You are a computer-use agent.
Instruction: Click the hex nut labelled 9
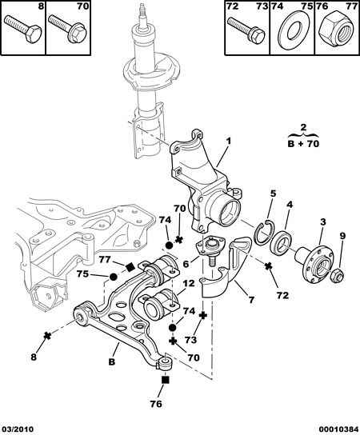pyautogui.click(x=338, y=274)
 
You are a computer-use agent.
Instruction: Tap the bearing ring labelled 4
pyautogui.click(x=281, y=241)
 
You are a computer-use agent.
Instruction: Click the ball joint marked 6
pyautogui.click(x=209, y=247)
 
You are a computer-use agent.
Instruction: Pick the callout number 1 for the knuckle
pyautogui.click(x=228, y=142)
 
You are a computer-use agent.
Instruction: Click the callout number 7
pyautogui.click(x=251, y=299)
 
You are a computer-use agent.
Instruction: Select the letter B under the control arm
pyautogui.click(x=111, y=361)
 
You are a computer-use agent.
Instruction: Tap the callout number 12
pyautogui.click(x=189, y=284)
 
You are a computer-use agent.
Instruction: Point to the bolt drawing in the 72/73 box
pyautogui.click(x=246, y=31)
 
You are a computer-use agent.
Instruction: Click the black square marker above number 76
pyautogui.click(x=166, y=380)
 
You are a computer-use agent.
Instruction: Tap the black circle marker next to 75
pyautogui.click(x=113, y=277)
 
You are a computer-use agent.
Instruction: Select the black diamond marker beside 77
pyautogui.click(x=130, y=267)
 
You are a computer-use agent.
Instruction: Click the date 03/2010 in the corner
pyautogui.click(x=18, y=429)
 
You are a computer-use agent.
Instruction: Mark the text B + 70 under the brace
pyautogui.click(x=303, y=144)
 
